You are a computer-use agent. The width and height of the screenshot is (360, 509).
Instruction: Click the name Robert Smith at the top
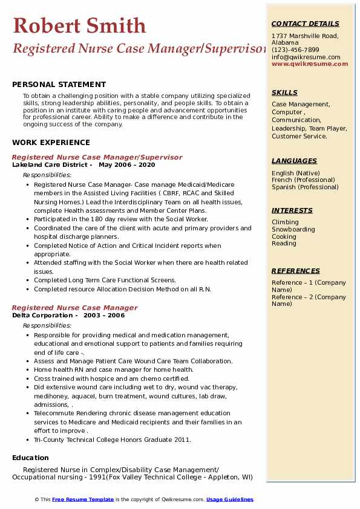79,25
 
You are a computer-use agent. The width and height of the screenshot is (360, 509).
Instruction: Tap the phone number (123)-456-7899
295,50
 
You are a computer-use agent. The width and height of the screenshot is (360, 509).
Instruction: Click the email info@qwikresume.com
306,57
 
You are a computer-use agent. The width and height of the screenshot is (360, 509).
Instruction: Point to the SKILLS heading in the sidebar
284,92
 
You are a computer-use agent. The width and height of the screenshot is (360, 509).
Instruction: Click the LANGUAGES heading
294,161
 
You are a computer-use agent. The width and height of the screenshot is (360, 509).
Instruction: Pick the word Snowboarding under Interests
293,229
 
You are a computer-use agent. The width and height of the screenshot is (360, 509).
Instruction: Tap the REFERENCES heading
296,271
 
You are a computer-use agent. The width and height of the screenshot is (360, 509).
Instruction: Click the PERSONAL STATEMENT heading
59,85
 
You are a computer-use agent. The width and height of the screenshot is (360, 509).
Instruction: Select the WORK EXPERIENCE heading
50,142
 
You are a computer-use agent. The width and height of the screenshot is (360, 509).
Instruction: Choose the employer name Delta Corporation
43,315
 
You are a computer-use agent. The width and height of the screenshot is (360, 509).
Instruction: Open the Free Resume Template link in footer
83,499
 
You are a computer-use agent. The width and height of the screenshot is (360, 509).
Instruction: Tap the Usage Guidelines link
229,499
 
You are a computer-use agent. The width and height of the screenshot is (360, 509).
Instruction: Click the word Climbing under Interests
285,222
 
